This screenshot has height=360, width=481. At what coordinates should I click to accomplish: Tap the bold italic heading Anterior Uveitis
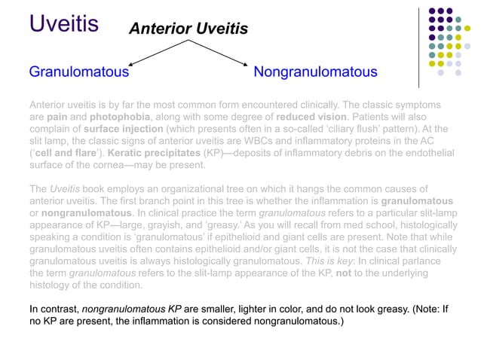(x=188, y=29)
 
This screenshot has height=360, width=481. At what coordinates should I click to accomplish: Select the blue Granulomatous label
(x=78, y=72)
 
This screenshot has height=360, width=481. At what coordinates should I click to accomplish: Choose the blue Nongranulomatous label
(x=315, y=72)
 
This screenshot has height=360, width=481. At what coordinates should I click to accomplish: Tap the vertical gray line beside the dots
(x=419, y=44)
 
